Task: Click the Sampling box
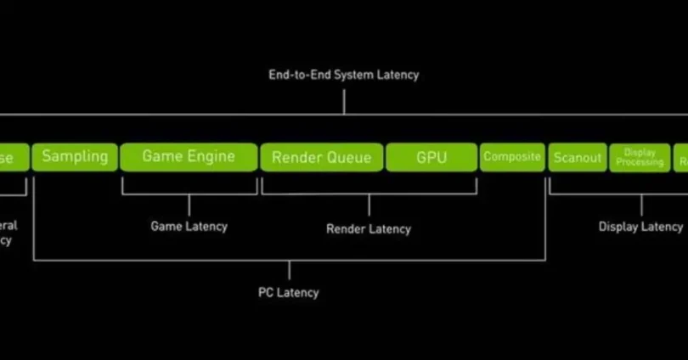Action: click(x=75, y=157)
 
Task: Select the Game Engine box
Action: click(x=189, y=157)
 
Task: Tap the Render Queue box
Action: click(x=321, y=157)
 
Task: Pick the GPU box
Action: click(x=431, y=157)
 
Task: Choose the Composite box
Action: click(x=512, y=157)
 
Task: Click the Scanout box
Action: click(x=578, y=158)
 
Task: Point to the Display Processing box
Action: click(x=640, y=158)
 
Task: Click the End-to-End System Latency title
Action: click(x=344, y=75)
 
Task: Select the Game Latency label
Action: click(x=189, y=227)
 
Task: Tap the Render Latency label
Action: click(x=369, y=228)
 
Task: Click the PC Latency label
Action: click(x=289, y=292)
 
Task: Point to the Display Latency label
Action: click(x=640, y=227)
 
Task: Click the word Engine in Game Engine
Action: click(x=211, y=157)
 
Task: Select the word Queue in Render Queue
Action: click(x=348, y=157)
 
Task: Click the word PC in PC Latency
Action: click(x=266, y=292)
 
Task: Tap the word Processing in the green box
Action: click(x=640, y=162)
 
